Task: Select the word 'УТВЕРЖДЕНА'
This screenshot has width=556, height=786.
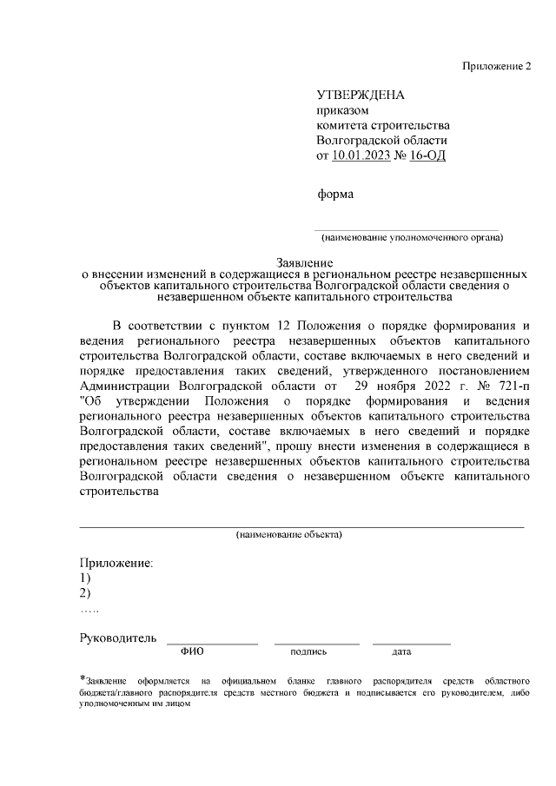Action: pos(361,95)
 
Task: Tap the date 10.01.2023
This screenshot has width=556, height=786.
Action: pos(361,156)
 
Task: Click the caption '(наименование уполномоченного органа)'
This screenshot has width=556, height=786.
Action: pos(412,237)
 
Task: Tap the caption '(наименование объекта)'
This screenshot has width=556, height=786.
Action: pos(289,534)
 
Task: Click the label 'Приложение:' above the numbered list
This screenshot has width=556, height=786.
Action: pos(116,563)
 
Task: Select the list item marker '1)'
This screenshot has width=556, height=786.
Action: pos(85,578)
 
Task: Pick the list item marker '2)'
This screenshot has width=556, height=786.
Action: pos(85,593)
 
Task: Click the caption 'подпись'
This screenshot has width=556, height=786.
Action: pos(308,651)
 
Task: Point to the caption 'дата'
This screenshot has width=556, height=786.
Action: pos(401,651)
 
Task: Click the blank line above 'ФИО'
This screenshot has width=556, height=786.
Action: pos(212,643)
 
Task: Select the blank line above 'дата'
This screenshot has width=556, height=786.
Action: pos(412,643)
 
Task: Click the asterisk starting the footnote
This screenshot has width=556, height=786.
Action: pos(82,678)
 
